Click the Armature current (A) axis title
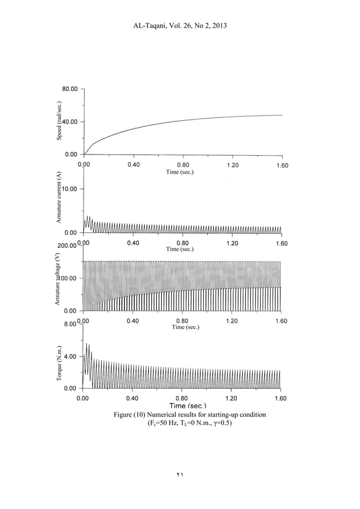[58, 198]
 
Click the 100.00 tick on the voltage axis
[68, 278]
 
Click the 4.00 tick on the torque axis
[71, 357]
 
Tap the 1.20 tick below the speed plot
[232, 165]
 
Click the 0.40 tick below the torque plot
[133, 398]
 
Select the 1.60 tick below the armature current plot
[280, 243]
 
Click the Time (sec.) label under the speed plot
[182, 172]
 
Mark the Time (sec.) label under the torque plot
[182, 406]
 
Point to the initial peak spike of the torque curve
[86, 344]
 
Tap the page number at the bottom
[179, 475]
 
